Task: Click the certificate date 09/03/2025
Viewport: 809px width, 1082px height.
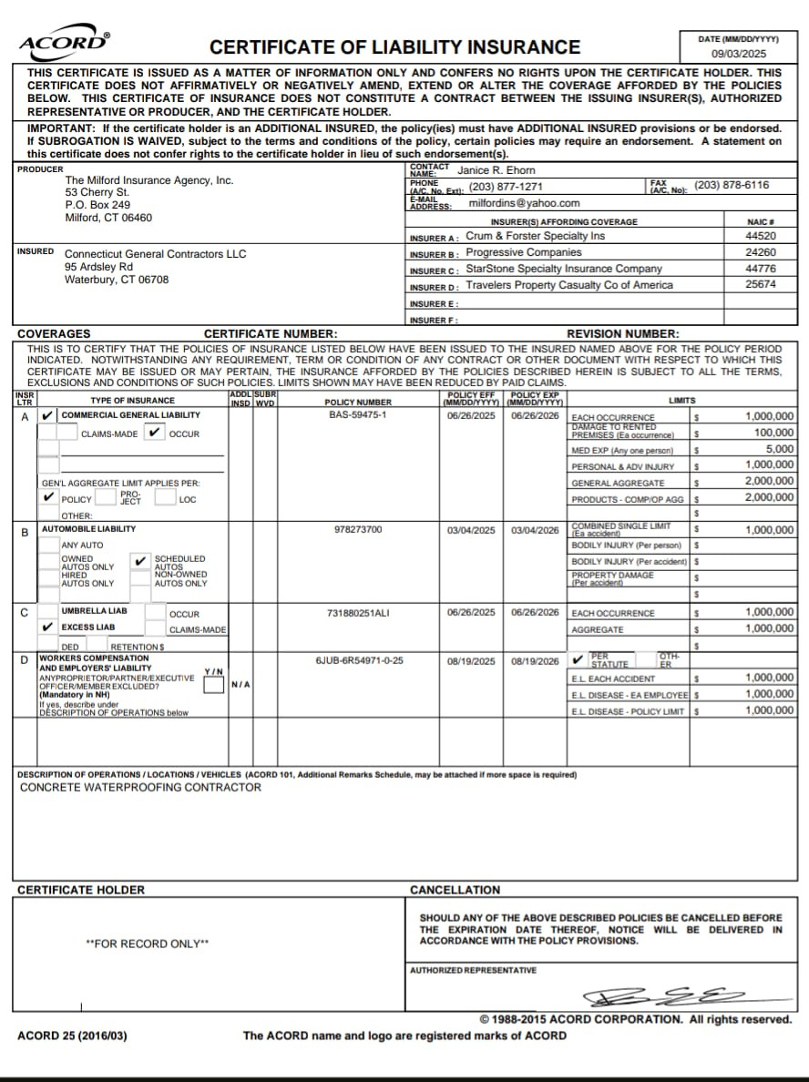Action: tap(738, 54)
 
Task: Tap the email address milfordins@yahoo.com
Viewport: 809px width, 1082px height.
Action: tap(524, 203)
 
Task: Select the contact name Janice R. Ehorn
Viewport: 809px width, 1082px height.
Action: tap(497, 170)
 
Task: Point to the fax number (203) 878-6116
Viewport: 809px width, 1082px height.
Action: tap(732, 185)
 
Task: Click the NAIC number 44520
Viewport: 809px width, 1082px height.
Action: tap(760, 236)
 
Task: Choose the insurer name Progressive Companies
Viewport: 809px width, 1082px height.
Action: tap(524, 252)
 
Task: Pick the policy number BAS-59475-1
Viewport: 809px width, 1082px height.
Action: tap(358, 415)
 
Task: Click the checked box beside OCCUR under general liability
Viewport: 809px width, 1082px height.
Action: tap(155, 433)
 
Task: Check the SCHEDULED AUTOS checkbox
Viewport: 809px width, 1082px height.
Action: tap(140, 561)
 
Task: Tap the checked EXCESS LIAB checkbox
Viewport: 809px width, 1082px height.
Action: tap(48, 627)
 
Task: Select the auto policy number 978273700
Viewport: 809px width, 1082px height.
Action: tap(358, 529)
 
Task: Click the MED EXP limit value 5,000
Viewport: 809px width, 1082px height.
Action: tap(779, 449)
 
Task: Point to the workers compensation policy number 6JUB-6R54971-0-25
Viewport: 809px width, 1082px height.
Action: tap(359, 660)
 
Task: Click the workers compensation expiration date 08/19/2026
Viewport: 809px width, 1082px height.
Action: tap(535, 661)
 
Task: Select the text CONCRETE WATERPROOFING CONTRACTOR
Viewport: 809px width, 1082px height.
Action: tap(140, 787)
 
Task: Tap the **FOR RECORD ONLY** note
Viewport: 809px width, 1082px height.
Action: tap(147, 944)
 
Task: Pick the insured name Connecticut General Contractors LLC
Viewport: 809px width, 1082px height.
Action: tap(155, 253)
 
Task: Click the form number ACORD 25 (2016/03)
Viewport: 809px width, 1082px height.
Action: tap(73, 1036)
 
